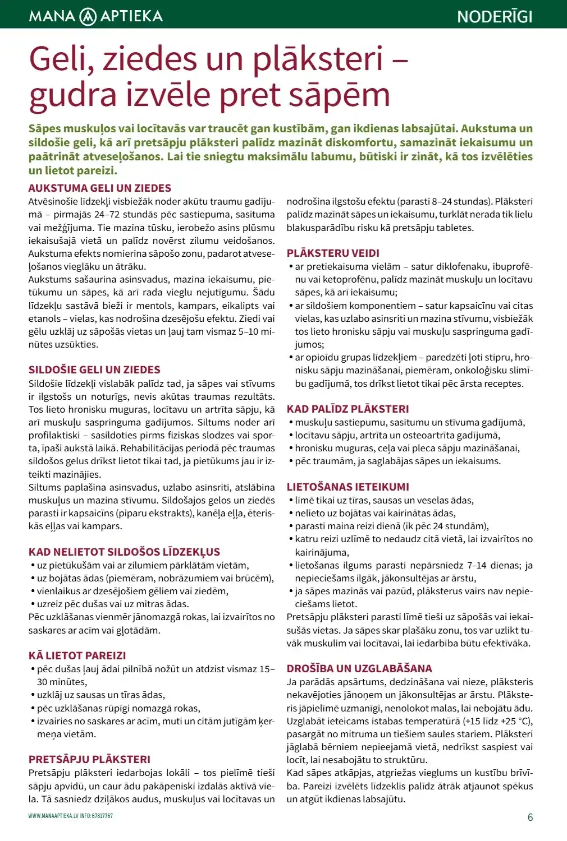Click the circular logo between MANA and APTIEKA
88,16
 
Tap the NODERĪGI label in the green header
495,16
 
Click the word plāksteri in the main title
318,59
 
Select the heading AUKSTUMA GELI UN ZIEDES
100,188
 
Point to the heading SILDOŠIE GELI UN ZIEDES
94,370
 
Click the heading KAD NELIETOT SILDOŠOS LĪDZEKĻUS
124,552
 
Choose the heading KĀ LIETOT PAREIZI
77,656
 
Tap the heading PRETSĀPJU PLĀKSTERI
89,760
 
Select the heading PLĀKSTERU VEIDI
333,253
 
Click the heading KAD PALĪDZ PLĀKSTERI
347,409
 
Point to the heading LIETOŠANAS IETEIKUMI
347,487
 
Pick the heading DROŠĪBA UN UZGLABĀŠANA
359,669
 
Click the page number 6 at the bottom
530,817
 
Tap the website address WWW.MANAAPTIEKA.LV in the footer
53,816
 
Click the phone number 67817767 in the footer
102,816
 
